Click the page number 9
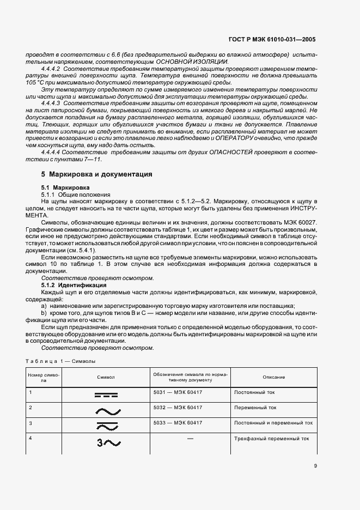pos(315,465)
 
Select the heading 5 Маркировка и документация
pos(97,174)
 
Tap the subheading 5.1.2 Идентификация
pos(74,285)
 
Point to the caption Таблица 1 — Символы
pos(61,361)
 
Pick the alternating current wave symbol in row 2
pos(105,410)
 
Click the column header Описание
pos(273,377)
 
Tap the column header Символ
pos(105,377)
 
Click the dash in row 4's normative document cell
pos(190,438)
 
